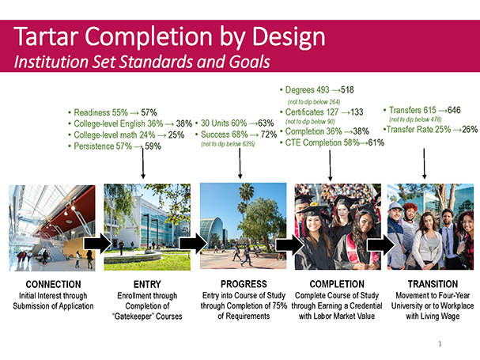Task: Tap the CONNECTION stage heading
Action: (53, 284)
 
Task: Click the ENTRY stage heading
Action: (147, 284)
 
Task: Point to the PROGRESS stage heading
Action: (244, 284)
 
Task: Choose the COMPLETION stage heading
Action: (337, 284)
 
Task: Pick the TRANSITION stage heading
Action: (433, 284)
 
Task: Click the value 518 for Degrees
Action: (347, 89)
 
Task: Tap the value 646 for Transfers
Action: (454, 110)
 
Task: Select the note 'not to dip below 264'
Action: (314, 102)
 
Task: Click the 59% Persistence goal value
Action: (153, 146)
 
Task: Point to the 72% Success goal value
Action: (269, 135)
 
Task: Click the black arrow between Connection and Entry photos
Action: (97, 244)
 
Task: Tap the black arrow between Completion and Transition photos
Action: (381, 244)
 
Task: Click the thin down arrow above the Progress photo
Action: (240, 163)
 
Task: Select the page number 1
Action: (440, 343)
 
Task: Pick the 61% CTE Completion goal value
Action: (376, 142)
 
